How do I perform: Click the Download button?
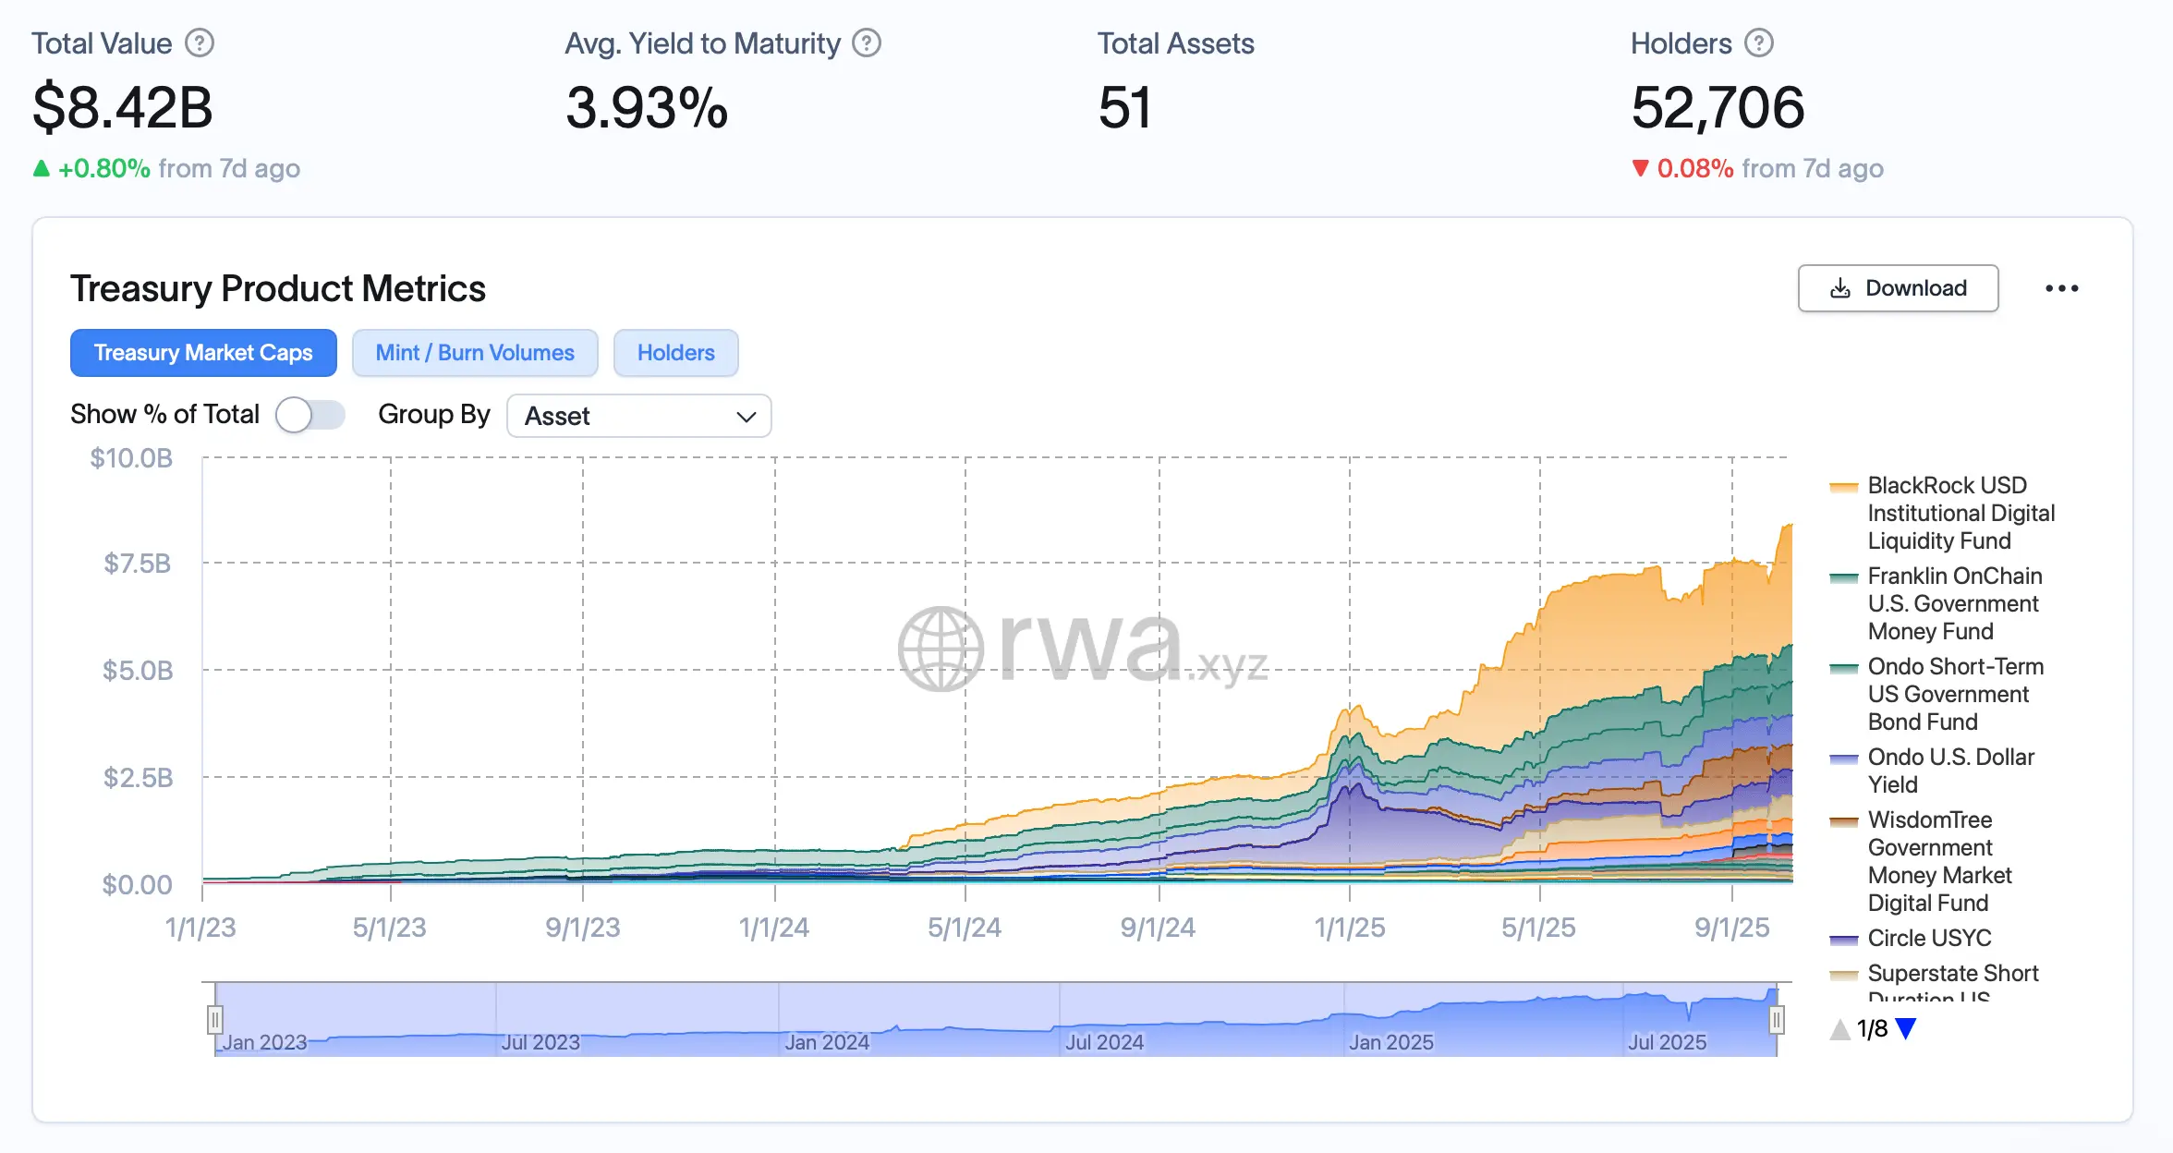coord(1898,288)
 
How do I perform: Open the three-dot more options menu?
coord(2061,288)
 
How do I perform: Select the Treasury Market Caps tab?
coord(203,353)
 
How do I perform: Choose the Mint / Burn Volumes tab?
coord(475,353)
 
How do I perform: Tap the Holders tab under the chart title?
coord(675,353)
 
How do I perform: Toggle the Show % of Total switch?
coord(310,415)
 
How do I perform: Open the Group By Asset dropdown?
coord(638,416)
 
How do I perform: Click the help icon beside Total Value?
coord(200,43)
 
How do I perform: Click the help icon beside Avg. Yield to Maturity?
coord(866,43)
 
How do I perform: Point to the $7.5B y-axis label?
coord(137,564)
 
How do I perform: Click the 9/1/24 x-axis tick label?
coord(1158,928)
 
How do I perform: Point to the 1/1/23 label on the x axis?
coord(200,928)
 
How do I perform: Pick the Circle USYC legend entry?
coord(1929,938)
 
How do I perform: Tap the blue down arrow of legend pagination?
coord(1906,1028)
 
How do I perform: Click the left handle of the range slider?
coord(214,1020)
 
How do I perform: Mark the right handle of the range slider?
coord(1776,1020)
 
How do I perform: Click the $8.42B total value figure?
coord(123,107)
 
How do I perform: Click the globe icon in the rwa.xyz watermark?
coord(941,649)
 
